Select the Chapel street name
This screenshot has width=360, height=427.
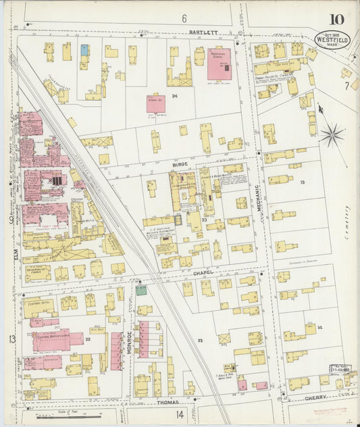point(203,272)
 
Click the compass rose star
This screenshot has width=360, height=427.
point(332,134)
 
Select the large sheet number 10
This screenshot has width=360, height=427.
point(335,20)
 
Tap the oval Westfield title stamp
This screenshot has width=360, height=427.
point(332,40)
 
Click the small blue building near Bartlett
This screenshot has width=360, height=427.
point(84,49)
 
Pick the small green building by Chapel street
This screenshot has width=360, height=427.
point(140,291)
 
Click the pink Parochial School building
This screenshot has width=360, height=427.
point(218,63)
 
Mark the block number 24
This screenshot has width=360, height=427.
point(174,96)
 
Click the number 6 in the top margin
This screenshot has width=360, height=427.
point(183,18)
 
